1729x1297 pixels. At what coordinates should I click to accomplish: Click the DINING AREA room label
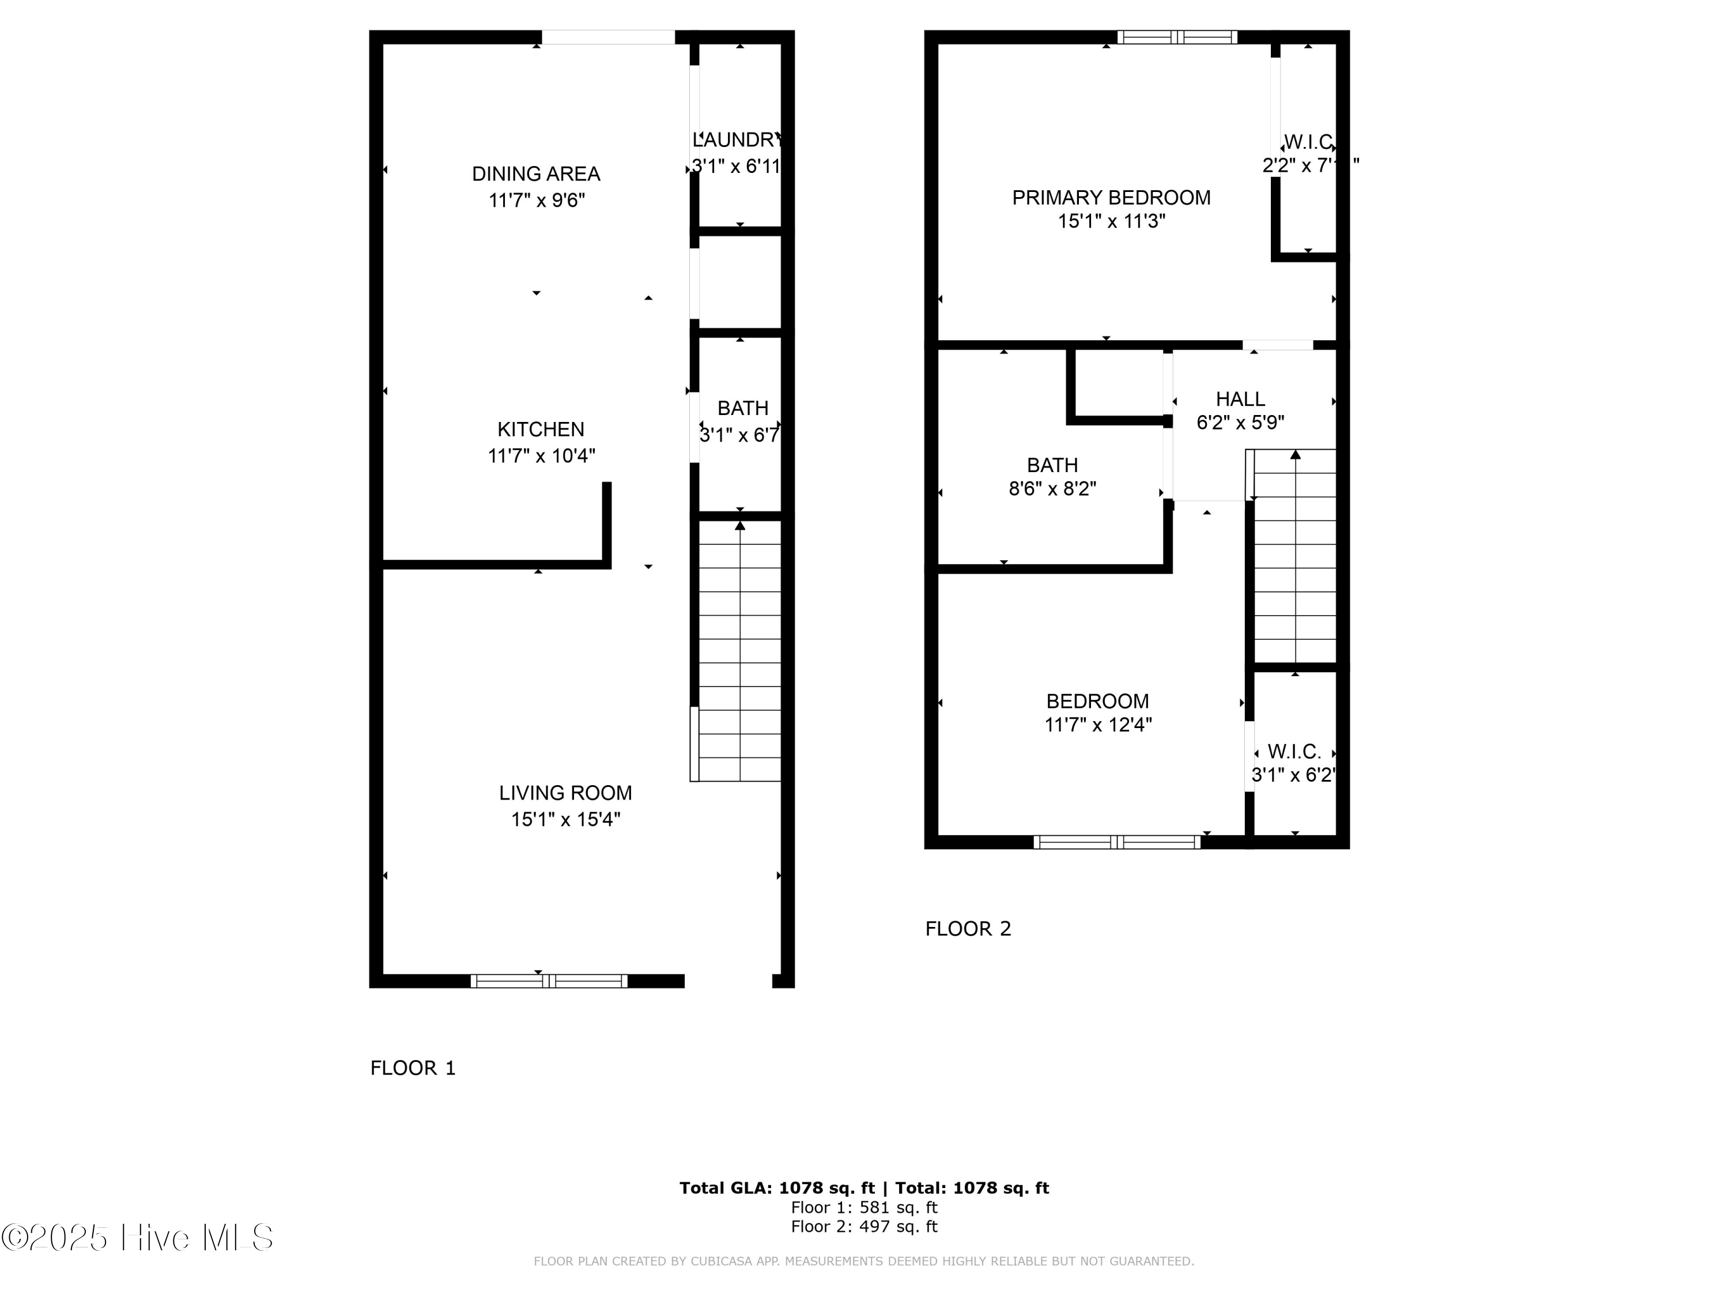[535, 174]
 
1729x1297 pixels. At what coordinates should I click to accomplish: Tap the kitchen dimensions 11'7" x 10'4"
[541, 456]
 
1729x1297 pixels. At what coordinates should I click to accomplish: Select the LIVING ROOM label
[565, 793]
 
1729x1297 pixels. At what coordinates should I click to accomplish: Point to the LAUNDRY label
[737, 140]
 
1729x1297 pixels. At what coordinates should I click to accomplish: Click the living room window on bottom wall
[548, 981]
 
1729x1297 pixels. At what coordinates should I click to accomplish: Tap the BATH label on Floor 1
[742, 408]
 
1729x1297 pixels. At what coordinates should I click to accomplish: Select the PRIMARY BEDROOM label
[1111, 198]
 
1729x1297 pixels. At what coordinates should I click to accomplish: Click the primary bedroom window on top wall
[1176, 37]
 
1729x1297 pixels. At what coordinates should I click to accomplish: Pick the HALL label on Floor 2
[1240, 399]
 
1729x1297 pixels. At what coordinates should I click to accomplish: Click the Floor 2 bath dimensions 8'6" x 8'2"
[1052, 489]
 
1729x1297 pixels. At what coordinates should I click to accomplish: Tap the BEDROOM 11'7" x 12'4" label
[1097, 702]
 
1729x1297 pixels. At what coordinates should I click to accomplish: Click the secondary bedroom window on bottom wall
[1116, 842]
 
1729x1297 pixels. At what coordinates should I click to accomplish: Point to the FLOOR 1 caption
[413, 1068]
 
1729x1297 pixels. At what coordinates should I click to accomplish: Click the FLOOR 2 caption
[968, 929]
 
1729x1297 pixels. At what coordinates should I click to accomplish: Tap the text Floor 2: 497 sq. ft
[864, 1227]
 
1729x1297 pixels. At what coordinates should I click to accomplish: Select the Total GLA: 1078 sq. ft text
[776, 1188]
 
